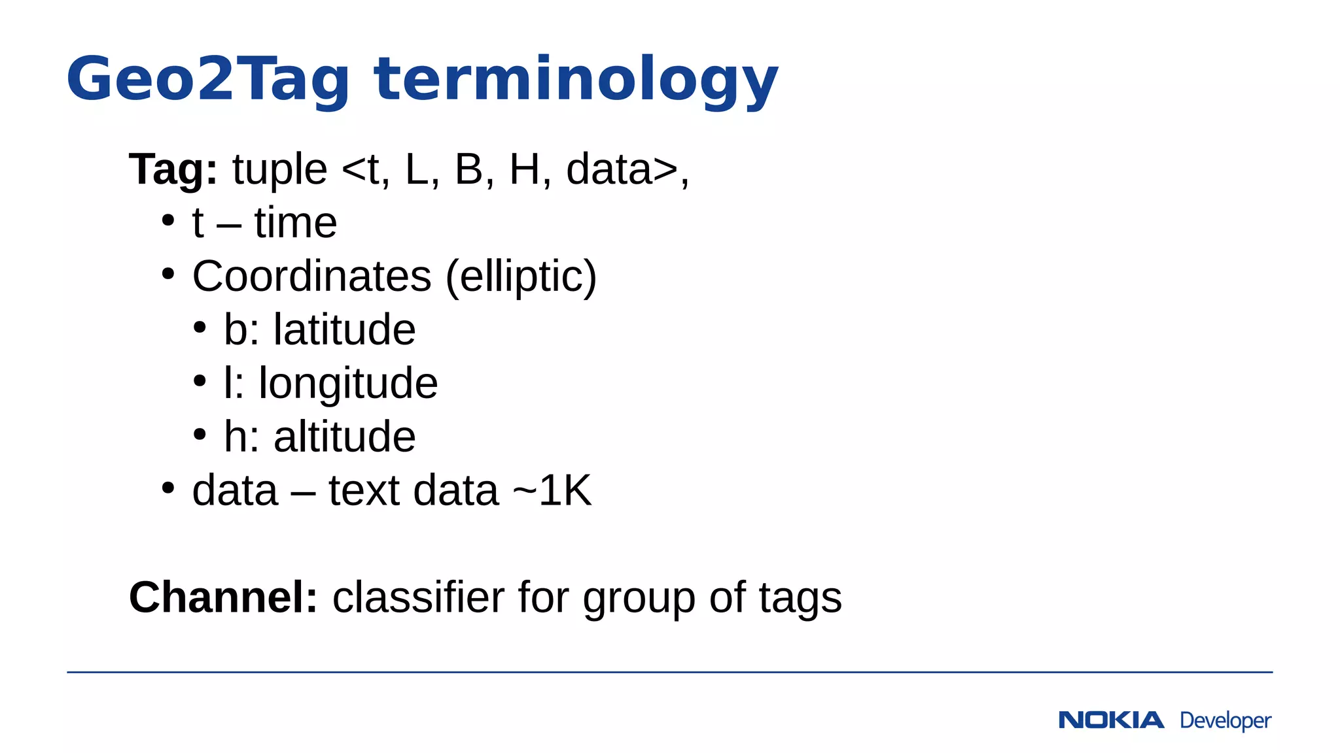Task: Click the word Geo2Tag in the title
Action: [208, 80]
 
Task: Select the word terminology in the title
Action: [576, 80]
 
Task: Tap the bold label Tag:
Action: [173, 169]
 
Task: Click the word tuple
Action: [279, 169]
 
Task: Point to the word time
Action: [296, 223]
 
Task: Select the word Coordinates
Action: [311, 276]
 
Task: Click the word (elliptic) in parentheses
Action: [521, 276]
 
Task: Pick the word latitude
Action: [344, 329]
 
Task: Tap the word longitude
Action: [348, 383]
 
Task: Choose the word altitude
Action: [344, 437]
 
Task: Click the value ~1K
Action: [552, 490]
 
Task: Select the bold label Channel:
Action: [223, 597]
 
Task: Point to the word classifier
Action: [418, 597]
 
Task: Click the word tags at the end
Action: [800, 597]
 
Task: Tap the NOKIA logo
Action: [1111, 720]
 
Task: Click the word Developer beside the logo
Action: [1225, 720]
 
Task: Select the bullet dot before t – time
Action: [168, 220]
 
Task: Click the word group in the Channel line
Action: [639, 598]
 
